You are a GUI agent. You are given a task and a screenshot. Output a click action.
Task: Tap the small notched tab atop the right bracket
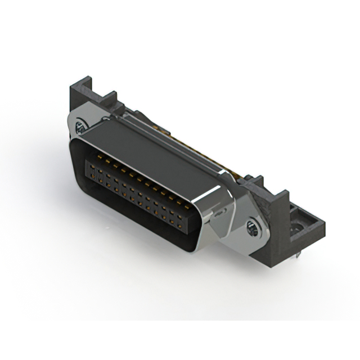pos(258,181)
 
